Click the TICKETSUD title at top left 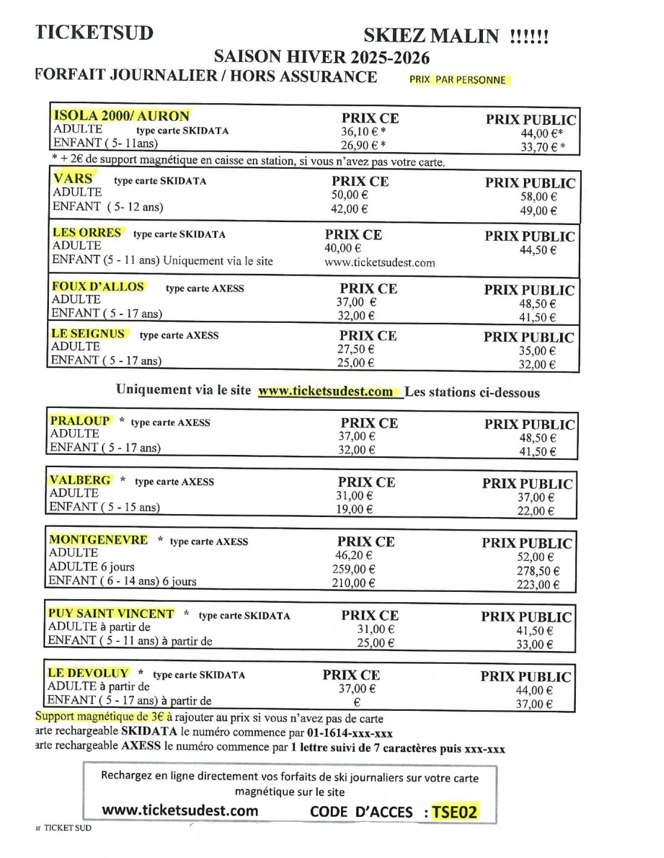pos(94,32)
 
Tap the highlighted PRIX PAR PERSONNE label pos(458,80)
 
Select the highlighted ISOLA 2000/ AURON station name pos(121,115)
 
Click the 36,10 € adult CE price pos(363,132)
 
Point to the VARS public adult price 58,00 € pos(538,197)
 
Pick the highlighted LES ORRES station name pos(87,232)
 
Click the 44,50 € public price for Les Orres pos(538,250)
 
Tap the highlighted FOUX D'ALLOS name pos(98,287)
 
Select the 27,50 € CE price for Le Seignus pos(356,349)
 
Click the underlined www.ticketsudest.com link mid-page pos(325,391)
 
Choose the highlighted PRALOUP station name pos(80,421)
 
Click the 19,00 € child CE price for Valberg pos(354,509)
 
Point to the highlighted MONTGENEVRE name pos(98,539)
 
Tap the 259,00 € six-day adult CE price pos(354,569)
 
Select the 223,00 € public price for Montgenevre pos(537,584)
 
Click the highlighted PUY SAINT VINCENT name pos(111,613)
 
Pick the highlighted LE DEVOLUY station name pos(88,673)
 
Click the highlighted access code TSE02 pos(454,812)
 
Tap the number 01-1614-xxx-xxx pos(350,733)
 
